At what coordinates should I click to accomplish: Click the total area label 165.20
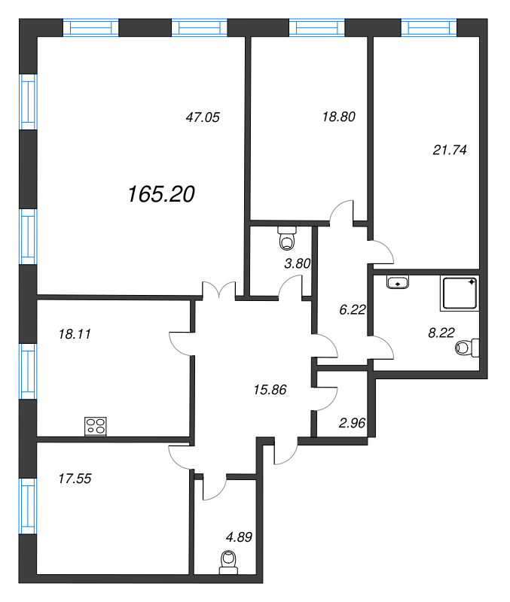pos(161,194)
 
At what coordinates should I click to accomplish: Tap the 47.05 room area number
pos(203,117)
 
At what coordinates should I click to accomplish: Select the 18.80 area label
pos(338,117)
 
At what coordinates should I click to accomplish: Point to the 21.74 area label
pos(450,150)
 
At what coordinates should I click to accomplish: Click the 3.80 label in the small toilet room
pos(297,263)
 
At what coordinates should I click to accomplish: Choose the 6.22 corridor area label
pos(353,309)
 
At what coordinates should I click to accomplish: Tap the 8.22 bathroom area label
pos(441,333)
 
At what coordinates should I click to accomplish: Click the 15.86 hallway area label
pos(270,390)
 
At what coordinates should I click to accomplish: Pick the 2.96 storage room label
pos(352,423)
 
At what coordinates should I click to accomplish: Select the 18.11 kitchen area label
pos(75,334)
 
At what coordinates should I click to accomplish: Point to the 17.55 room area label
pos(75,479)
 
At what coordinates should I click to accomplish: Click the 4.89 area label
pos(239,537)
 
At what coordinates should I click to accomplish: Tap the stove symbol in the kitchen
pos(96,426)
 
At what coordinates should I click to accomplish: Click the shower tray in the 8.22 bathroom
pos(460,293)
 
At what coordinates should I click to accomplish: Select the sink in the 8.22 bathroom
pos(398,282)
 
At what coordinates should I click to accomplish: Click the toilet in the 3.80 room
pos(287,238)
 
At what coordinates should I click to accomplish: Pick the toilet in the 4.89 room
pos(228,562)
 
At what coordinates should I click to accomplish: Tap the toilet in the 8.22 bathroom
pos(467,348)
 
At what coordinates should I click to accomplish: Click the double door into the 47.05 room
pos(218,290)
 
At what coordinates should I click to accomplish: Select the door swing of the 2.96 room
pos(327,399)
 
